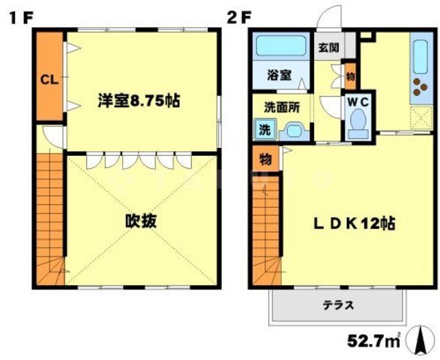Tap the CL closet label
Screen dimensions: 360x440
point(49,78)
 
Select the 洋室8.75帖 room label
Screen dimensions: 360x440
point(140,100)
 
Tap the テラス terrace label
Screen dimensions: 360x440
point(338,305)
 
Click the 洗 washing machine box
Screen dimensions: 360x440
point(264,129)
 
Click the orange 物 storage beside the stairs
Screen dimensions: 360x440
point(265,159)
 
